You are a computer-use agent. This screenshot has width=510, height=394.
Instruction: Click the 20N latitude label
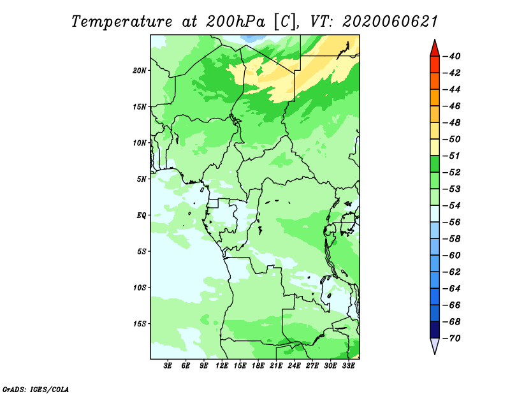click(139, 71)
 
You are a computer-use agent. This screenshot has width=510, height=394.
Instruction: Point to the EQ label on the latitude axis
click(141, 215)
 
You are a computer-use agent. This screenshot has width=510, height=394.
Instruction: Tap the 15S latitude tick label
click(139, 324)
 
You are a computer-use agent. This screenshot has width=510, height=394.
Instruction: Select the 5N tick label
click(141, 179)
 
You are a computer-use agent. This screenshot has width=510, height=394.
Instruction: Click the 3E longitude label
click(168, 366)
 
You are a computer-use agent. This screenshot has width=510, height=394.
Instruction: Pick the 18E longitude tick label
click(258, 366)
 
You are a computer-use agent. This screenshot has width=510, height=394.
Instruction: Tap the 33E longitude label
click(348, 366)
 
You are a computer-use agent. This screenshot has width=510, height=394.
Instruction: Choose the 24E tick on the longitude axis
click(294, 366)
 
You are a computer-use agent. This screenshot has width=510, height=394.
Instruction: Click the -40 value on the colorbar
click(452, 56)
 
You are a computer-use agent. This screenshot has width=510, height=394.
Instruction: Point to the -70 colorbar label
click(452, 339)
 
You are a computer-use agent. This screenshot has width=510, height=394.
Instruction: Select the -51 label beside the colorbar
click(452, 156)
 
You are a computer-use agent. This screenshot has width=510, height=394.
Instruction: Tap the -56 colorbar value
click(452, 223)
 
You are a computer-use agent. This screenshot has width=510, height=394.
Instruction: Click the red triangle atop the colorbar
click(435, 49)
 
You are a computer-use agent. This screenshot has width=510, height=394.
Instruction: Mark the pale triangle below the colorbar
click(435, 346)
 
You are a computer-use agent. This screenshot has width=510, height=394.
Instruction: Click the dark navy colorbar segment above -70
click(435, 330)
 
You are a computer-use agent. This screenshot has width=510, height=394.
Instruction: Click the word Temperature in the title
click(122, 22)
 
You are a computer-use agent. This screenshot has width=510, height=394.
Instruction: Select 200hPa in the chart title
click(235, 22)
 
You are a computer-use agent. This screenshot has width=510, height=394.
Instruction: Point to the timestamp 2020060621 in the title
click(390, 22)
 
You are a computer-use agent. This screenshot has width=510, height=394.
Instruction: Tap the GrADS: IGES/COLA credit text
click(36, 390)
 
